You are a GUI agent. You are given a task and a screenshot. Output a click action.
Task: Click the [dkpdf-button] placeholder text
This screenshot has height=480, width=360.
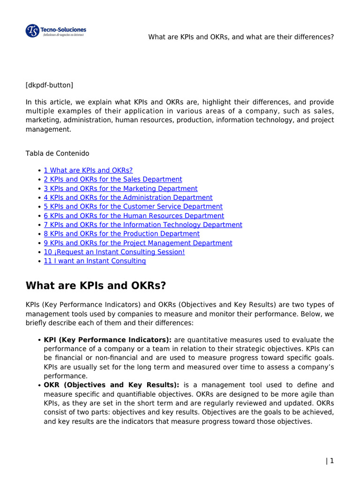point(49,85)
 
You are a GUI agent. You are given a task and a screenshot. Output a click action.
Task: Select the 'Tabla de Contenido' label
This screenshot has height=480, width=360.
point(57,153)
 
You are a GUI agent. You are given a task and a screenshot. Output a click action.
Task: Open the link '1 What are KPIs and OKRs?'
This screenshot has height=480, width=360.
point(88,171)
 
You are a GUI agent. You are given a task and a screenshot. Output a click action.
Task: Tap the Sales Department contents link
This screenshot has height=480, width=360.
point(112,180)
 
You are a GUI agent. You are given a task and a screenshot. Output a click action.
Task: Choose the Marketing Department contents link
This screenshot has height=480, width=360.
point(120,188)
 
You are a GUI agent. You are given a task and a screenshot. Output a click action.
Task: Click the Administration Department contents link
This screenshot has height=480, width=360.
point(128,198)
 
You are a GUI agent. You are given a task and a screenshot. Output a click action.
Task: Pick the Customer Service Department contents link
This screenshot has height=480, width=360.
point(133,207)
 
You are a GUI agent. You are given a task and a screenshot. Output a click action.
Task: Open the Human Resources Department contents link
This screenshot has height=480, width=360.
point(134,216)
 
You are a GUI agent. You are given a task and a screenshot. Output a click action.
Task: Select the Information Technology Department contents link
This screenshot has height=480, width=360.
point(143,225)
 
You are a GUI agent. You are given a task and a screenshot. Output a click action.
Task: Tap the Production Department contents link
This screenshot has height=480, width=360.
point(121,234)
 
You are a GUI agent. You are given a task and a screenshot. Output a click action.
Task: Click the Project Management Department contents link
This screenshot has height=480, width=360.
point(138,243)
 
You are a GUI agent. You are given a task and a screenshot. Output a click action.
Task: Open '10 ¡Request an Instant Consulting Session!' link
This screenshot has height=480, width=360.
point(114,252)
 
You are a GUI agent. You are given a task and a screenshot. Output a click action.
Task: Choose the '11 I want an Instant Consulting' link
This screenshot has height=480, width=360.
point(95,261)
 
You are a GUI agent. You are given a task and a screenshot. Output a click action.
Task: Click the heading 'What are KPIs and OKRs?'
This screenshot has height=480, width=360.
point(96,286)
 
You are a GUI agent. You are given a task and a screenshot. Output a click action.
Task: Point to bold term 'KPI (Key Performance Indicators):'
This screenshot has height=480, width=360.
point(108,340)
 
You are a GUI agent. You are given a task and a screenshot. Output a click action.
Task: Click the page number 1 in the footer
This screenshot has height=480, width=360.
point(332,461)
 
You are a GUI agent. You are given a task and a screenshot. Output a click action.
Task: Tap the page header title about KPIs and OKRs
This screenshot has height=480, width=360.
point(241,37)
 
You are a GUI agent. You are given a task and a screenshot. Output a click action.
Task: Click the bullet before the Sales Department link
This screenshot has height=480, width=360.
point(38,180)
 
